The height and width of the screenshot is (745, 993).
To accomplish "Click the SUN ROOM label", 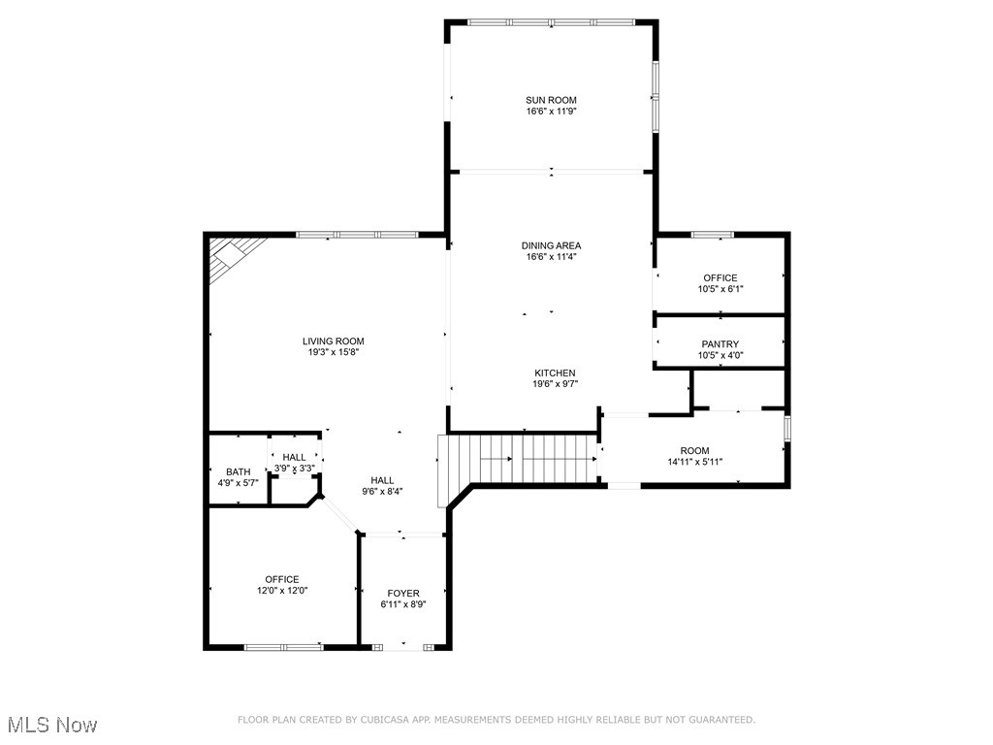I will tap(551, 100).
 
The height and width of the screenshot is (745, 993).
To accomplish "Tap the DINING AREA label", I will tap(551, 245).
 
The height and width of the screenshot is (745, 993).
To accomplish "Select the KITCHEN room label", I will tap(555, 372).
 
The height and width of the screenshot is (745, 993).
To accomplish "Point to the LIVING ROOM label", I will tap(333, 341).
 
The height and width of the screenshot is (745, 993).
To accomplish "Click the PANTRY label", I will tap(720, 344).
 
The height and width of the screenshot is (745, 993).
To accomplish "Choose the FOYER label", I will tap(403, 593).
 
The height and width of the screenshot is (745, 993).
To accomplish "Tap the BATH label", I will tap(238, 471).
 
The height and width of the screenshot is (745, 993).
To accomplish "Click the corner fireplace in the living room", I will tap(232, 256).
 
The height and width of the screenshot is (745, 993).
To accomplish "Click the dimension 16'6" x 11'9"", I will tap(551, 112).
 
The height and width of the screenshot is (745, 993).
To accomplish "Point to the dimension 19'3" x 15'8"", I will tap(333, 353).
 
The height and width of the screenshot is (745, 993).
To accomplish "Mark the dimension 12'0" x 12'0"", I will tap(282, 591).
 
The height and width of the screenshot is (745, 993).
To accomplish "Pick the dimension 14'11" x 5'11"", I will tap(694, 463).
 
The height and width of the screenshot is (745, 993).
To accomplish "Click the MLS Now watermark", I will tap(51, 725).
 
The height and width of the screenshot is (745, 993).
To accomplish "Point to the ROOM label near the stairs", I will tap(694, 451).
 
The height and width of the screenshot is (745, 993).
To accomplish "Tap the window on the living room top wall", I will tap(357, 234).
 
